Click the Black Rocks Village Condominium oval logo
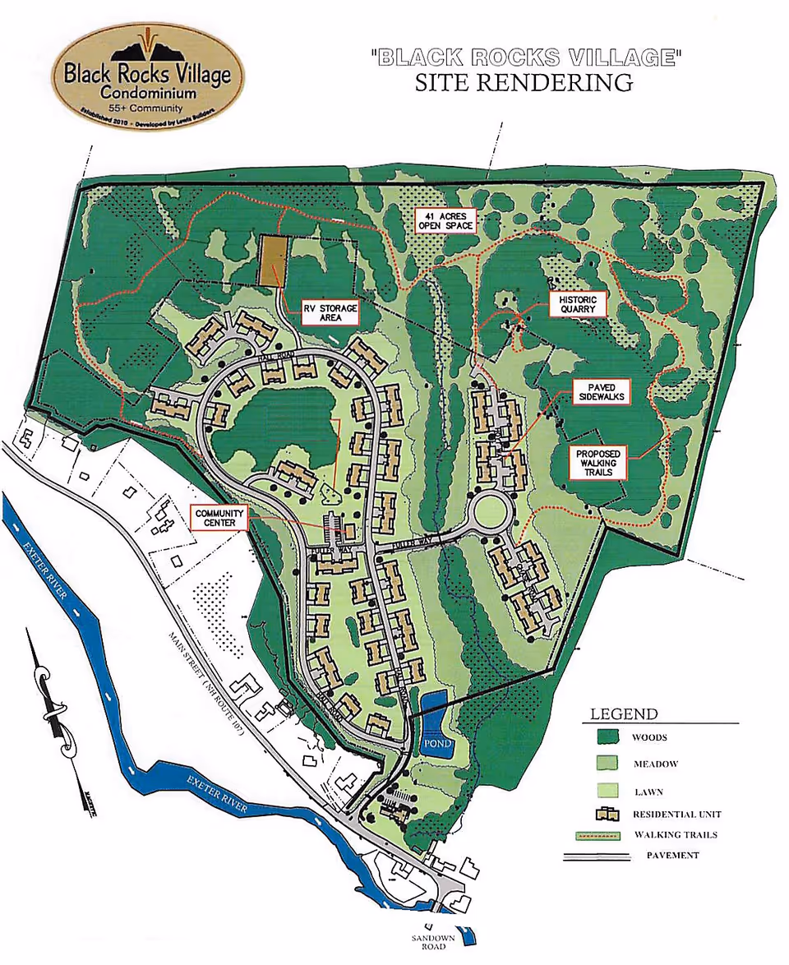pos(148,80)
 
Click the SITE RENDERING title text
pos(524,82)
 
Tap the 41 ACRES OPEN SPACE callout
pos(445,219)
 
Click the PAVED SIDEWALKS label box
pos(602,392)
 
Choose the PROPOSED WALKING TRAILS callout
pos(598,464)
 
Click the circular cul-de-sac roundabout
pos(491,515)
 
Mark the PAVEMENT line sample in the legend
pos(597,856)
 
